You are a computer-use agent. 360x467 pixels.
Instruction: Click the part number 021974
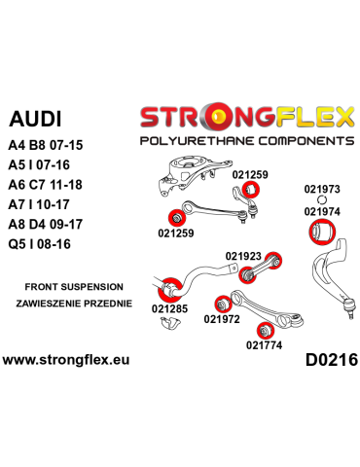click(322, 210)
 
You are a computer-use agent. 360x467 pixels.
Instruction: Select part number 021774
click(264, 343)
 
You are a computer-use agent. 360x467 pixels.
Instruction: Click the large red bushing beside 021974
click(322, 233)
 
